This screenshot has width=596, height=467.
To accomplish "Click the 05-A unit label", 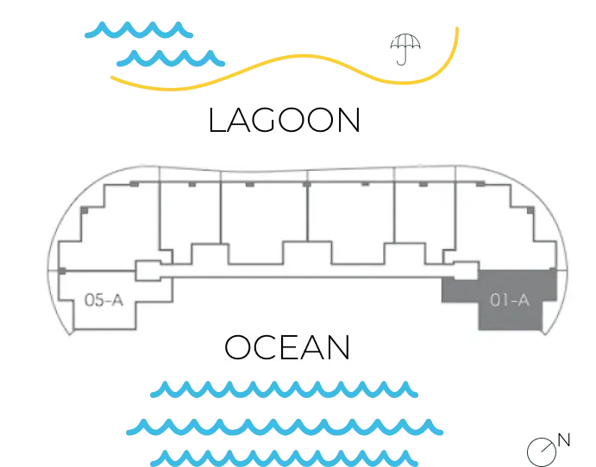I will click(103, 300).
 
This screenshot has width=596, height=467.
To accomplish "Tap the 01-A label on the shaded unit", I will click(509, 300).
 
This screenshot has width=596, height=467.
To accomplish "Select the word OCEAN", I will click(287, 348).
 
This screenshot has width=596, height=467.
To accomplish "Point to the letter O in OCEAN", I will click(238, 348).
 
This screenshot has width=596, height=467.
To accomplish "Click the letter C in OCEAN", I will click(266, 348).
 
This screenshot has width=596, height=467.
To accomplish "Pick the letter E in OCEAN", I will click(289, 348).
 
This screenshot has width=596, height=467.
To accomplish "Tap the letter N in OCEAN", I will click(337, 348).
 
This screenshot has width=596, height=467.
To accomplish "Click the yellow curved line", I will click(285, 69).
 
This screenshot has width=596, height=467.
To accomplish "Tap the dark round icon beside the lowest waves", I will click(541, 451).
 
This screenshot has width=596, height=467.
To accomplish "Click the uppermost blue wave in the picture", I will click(140, 33).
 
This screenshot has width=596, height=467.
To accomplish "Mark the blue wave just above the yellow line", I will click(170, 59).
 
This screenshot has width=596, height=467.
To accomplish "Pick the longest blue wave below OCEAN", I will click(285, 426).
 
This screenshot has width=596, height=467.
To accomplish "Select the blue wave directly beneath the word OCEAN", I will click(283, 392).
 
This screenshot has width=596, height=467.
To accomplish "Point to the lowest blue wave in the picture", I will click(283, 456).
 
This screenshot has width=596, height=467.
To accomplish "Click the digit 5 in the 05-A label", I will click(97, 300).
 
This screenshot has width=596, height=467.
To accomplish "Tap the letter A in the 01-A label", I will click(522, 300).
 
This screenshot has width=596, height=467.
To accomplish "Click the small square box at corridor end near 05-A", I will click(148, 270).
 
